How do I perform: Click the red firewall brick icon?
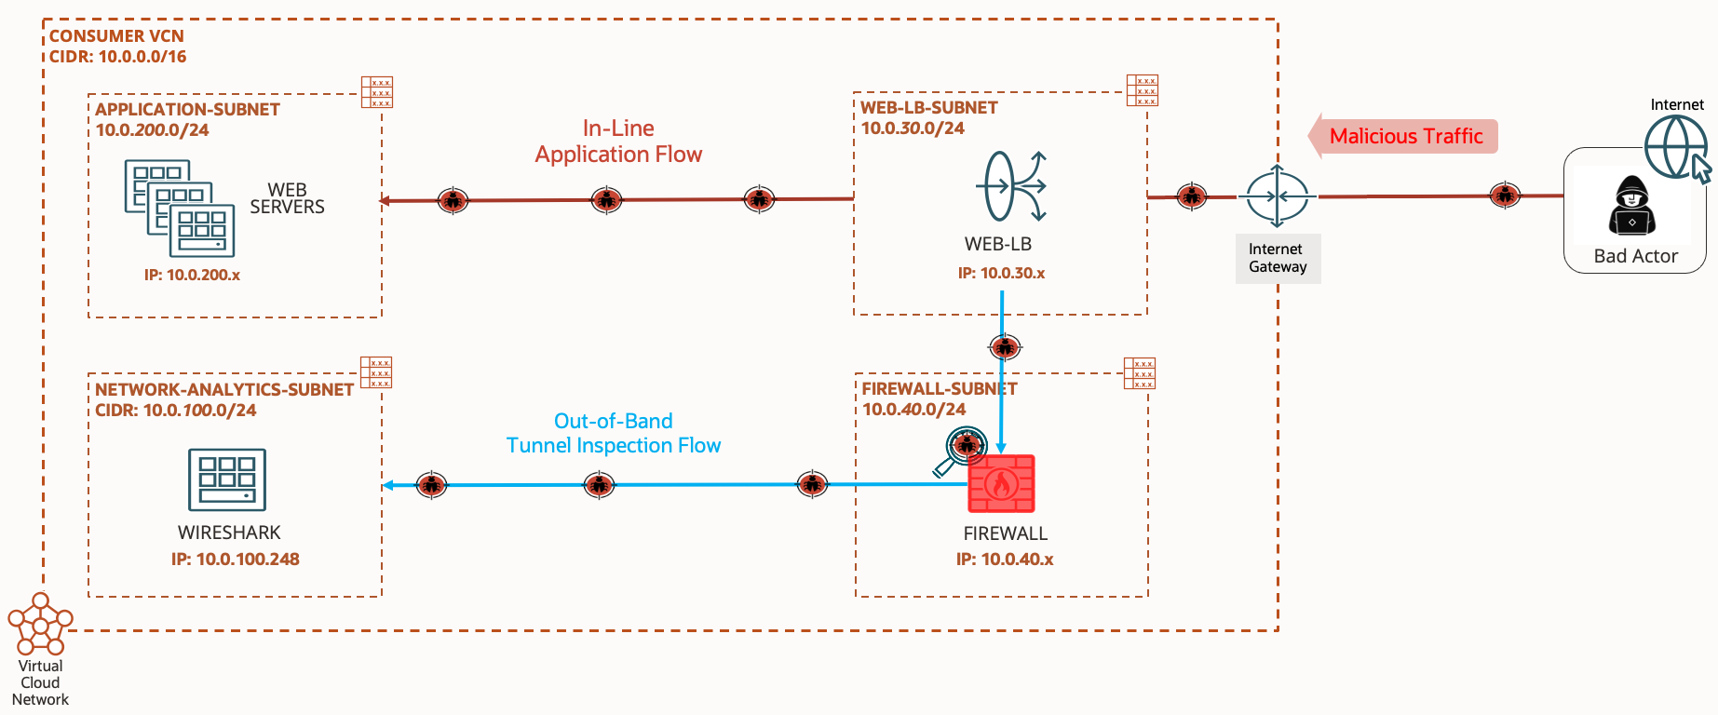[x=1001, y=483]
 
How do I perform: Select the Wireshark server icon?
[x=227, y=479]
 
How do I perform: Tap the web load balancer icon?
[x=1011, y=186]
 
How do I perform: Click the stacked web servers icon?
[x=180, y=209]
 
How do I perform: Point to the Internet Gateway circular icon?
[x=1278, y=196]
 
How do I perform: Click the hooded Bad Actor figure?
[x=1631, y=207]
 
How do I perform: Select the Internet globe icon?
[x=1674, y=147]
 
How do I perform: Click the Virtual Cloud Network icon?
[x=40, y=625]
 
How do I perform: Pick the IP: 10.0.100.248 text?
[x=235, y=560]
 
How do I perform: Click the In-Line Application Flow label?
[x=618, y=142]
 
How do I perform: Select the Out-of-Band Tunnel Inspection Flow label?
[x=613, y=434]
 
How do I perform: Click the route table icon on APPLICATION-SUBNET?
[x=377, y=92]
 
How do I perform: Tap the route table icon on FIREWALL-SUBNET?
[x=1140, y=373]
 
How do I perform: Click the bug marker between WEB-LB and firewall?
[x=1004, y=347]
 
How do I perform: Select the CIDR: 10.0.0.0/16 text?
[x=117, y=57]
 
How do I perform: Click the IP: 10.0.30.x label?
[x=1001, y=274]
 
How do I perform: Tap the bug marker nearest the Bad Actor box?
[x=1505, y=196]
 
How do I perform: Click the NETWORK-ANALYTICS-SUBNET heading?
[x=223, y=390]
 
